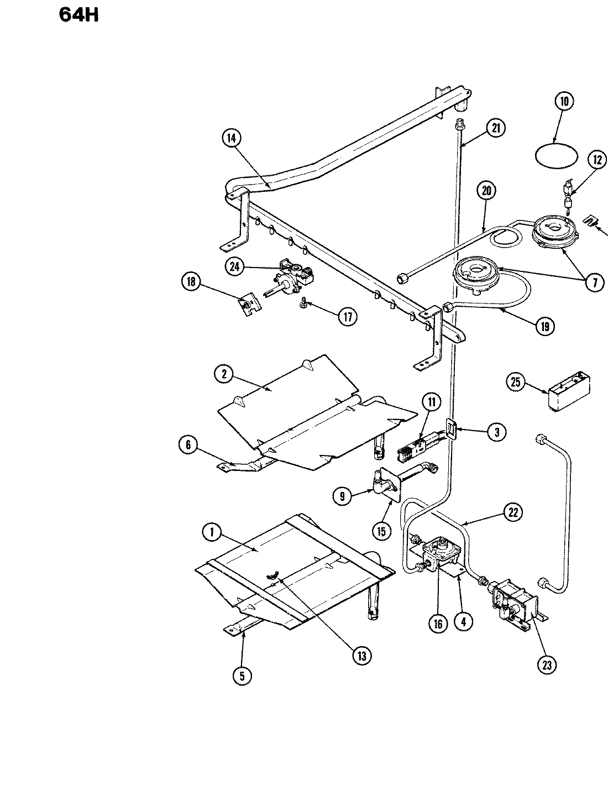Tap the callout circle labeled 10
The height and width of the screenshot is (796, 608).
(x=564, y=101)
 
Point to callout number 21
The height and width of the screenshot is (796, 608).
(x=496, y=128)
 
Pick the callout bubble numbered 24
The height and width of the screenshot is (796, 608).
(x=234, y=266)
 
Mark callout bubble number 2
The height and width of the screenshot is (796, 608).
(x=224, y=373)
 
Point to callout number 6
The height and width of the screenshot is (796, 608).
(x=188, y=445)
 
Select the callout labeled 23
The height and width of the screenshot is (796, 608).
(x=547, y=666)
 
